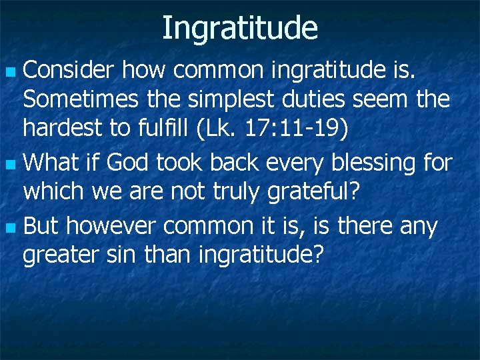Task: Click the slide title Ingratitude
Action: click(240, 28)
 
